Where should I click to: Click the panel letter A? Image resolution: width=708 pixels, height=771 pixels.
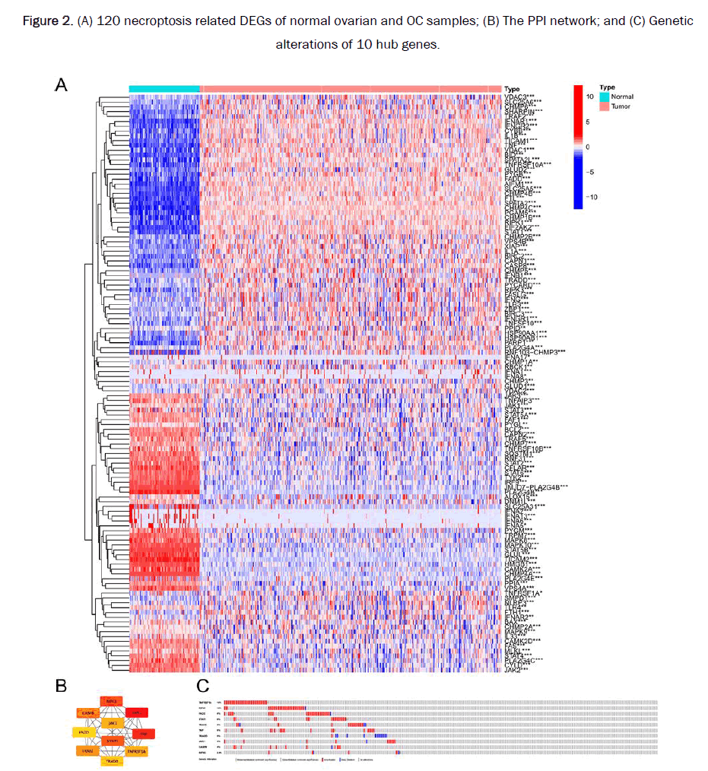[62, 86]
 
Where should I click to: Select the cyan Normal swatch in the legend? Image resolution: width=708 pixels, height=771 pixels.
[605, 97]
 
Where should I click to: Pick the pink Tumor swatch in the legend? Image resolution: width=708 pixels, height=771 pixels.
[605, 107]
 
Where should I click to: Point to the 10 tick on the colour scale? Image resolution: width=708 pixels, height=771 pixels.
[589, 97]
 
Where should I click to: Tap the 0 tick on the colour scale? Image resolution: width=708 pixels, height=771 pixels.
[587, 146]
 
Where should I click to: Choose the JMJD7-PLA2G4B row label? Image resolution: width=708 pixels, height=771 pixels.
[532, 487]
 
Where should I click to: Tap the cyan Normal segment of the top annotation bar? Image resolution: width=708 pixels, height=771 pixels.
[164, 89]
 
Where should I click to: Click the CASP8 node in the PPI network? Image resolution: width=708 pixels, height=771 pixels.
[87, 712]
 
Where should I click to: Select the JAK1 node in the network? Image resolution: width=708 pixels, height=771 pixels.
[113, 722]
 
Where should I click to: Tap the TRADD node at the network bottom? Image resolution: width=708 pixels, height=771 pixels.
[113, 760]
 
